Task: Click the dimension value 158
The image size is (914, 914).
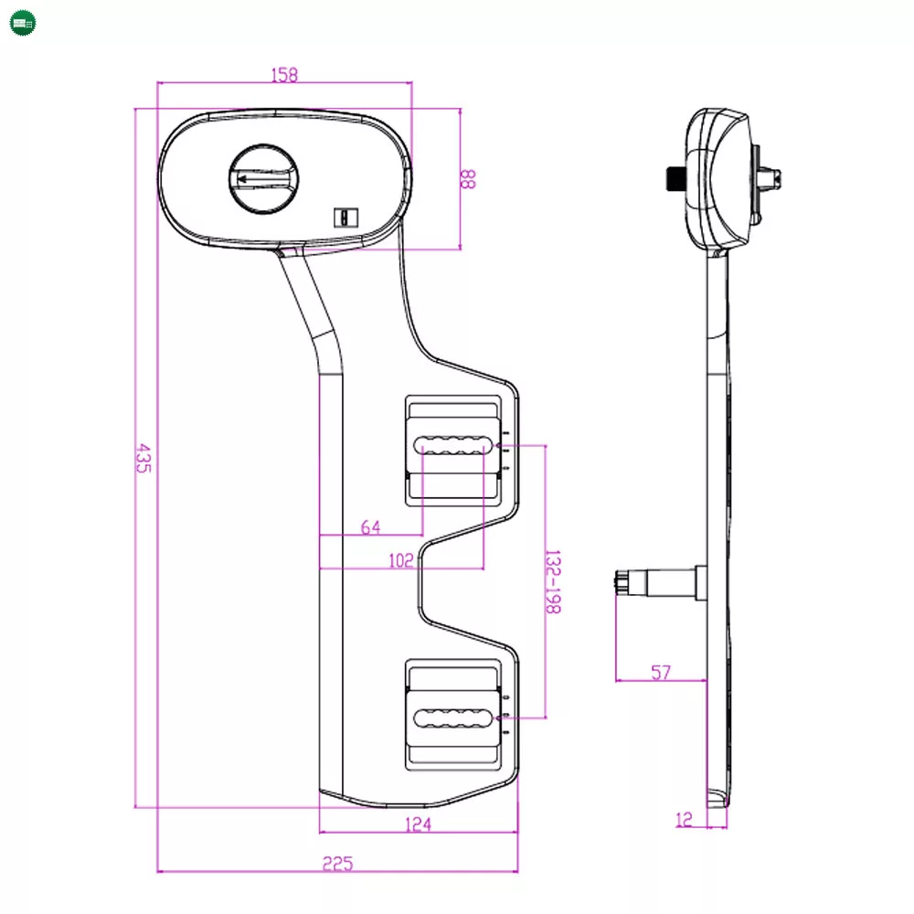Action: coord(284,75)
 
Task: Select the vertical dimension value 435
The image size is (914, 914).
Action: coord(143,457)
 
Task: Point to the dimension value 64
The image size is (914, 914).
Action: coord(370,526)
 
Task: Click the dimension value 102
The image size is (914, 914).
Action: coord(400,561)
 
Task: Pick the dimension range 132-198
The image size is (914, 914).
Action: coord(553,581)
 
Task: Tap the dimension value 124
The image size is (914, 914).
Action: coord(417,824)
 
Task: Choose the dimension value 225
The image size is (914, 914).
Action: coord(337,862)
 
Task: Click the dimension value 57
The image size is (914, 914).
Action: coord(661,673)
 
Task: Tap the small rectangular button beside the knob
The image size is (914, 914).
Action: coord(345,218)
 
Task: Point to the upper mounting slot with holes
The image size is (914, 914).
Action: coord(450,446)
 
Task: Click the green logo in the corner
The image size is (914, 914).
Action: coord(23,22)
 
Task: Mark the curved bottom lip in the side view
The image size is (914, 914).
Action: coord(720,799)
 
